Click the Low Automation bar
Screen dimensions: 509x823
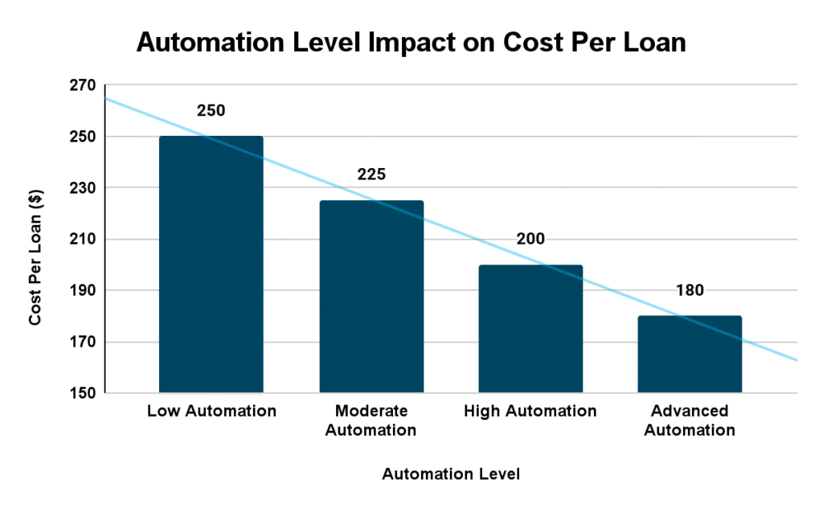211,265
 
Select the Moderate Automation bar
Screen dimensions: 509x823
371,297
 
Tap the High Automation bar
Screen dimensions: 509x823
530,329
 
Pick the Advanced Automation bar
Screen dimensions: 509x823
690,355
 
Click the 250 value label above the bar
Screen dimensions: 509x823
211,110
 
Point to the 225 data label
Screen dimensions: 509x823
371,174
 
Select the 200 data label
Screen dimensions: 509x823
530,239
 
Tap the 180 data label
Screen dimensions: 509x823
690,290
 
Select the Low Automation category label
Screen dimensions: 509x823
211,412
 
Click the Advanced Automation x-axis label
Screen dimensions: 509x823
690,421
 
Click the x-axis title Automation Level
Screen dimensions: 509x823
451,474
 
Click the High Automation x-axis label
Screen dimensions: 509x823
530,412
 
